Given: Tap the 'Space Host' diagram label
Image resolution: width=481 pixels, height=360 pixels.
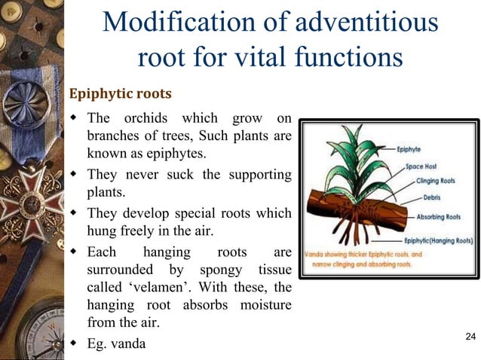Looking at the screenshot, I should pos(423,165).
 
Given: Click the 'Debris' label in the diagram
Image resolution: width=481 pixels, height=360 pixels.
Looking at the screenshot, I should pos(427,198).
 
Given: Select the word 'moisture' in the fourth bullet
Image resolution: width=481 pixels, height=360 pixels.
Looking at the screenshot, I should pos(264,307).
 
